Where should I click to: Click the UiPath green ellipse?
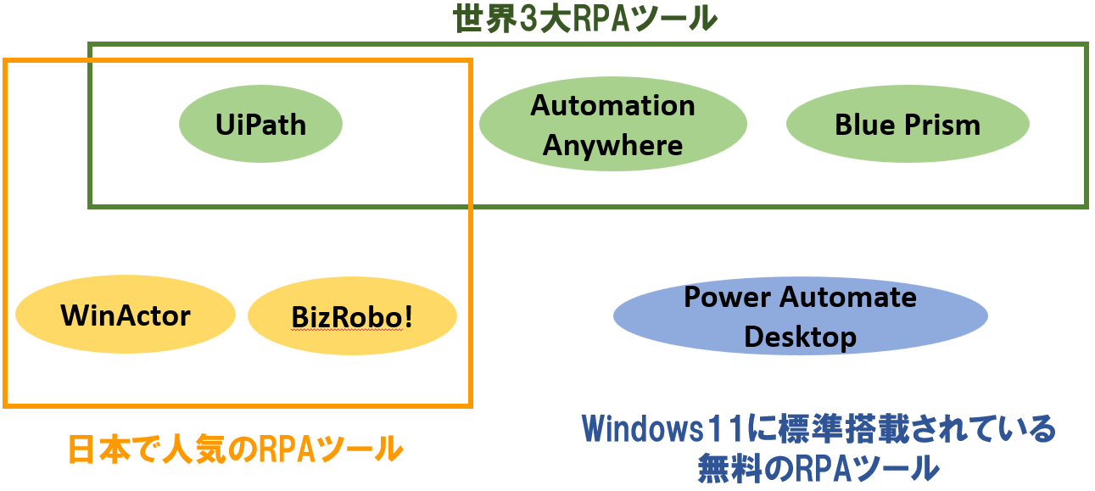click(x=260, y=125)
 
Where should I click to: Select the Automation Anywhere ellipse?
click(x=612, y=125)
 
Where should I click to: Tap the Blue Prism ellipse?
click(x=908, y=125)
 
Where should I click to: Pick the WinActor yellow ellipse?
click(x=126, y=316)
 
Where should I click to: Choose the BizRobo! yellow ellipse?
click(x=352, y=316)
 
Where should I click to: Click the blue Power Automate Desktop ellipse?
click(x=800, y=316)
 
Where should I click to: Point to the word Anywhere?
click(x=612, y=145)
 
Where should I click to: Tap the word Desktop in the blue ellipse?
click(x=800, y=337)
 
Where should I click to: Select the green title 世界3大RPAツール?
click(x=584, y=18)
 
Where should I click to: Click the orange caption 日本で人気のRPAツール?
click(x=235, y=449)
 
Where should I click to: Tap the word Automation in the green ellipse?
click(x=612, y=105)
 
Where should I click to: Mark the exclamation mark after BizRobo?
click(x=408, y=316)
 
